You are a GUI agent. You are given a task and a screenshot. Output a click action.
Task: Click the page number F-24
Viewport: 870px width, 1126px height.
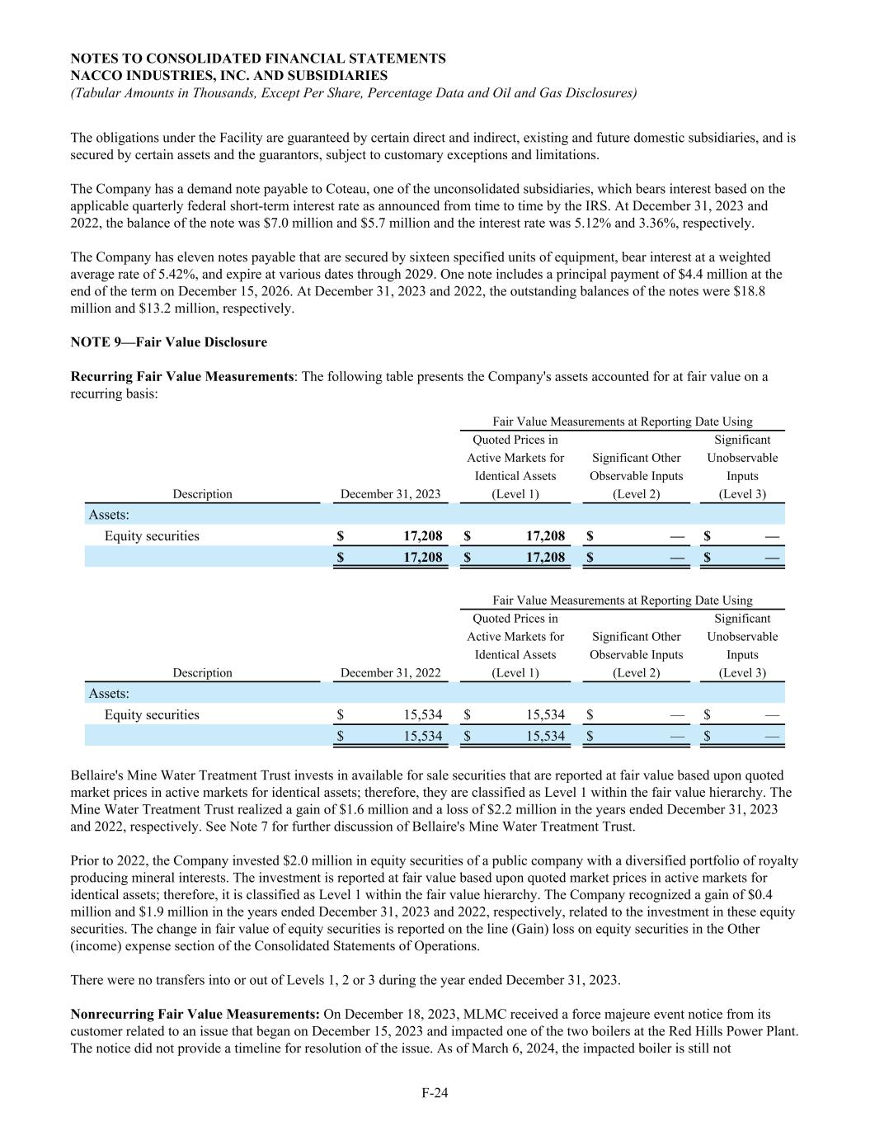pyautogui.click(x=435, y=1093)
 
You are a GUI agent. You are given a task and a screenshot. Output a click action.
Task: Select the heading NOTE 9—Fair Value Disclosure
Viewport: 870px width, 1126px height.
pyautogui.click(x=169, y=342)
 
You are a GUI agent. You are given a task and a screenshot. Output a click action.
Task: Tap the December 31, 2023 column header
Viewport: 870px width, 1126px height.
pyautogui.click(x=390, y=494)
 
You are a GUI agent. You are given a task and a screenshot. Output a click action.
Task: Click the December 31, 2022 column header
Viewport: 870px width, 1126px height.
pyautogui.click(x=390, y=673)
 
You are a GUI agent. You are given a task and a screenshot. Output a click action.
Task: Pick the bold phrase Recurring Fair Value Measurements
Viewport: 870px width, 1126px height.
pyautogui.click(x=182, y=377)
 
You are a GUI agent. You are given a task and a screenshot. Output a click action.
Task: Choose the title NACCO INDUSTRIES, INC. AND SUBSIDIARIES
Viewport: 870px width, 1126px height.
pyautogui.click(x=229, y=76)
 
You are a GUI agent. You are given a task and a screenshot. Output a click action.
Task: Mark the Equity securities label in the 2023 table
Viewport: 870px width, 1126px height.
pyautogui.click(x=152, y=536)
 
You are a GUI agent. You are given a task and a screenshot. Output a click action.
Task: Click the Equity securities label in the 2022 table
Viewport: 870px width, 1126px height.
pyautogui.click(x=152, y=715)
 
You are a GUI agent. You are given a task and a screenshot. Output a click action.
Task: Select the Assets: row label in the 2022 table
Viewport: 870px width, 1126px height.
pyautogui.click(x=109, y=694)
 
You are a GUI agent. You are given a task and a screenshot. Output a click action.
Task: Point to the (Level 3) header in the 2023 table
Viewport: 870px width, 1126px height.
pyautogui.click(x=742, y=494)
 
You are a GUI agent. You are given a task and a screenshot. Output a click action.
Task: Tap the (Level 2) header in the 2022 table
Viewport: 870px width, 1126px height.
pyautogui.click(x=636, y=673)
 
